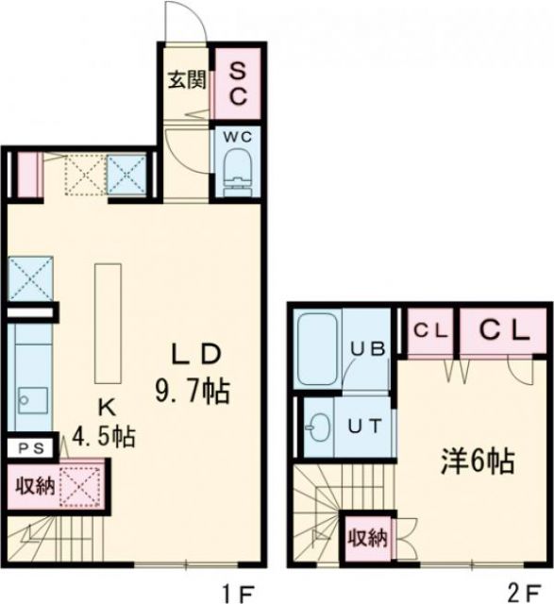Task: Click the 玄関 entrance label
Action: pyautogui.click(x=186, y=80)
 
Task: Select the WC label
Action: pyautogui.click(x=236, y=135)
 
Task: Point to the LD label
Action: pyautogui.click(x=195, y=355)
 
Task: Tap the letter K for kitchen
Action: pyautogui.click(x=107, y=407)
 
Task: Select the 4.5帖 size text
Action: pyautogui.click(x=105, y=438)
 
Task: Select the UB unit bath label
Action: pyautogui.click(x=367, y=348)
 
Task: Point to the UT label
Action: pyautogui.click(x=367, y=426)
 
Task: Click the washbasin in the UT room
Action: pyautogui.click(x=318, y=428)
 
